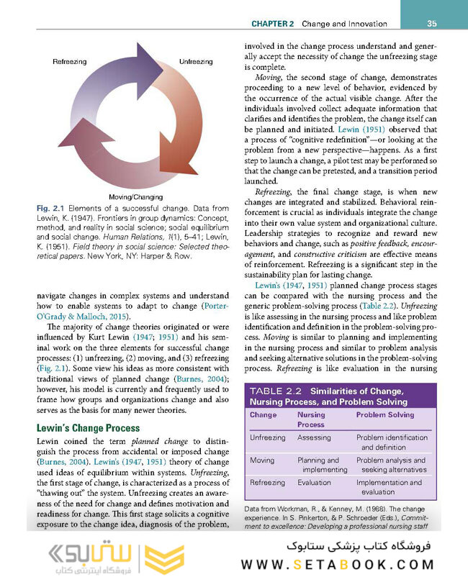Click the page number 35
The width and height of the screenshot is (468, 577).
(x=431, y=24)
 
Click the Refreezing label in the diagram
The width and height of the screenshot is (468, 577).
(x=69, y=62)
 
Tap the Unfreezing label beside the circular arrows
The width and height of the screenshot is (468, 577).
(x=195, y=62)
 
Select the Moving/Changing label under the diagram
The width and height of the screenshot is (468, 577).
(x=135, y=196)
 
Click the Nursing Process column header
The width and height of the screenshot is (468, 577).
(x=311, y=419)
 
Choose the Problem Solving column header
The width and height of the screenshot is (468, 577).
(x=385, y=415)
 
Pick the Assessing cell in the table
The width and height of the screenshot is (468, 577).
(x=314, y=437)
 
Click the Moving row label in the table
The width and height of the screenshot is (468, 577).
(x=261, y=460)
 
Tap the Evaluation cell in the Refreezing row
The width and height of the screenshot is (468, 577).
(x=314, y=483)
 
